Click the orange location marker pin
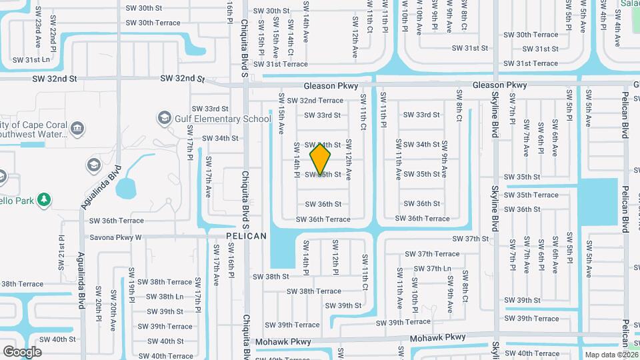tap(321, 159)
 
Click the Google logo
tap(22, 351)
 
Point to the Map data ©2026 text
tap(611, 355)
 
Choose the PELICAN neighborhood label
tap(246, 236)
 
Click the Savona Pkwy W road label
tap(115, 237)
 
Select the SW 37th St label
tap(471, 239)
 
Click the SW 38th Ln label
tap(164, 297)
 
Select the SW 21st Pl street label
tap(61, 247)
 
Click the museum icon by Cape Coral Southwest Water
tap(77, 127)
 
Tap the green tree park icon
tap(44, 199)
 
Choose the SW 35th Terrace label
tap(531, 195)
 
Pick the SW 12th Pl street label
tap(335, 257)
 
